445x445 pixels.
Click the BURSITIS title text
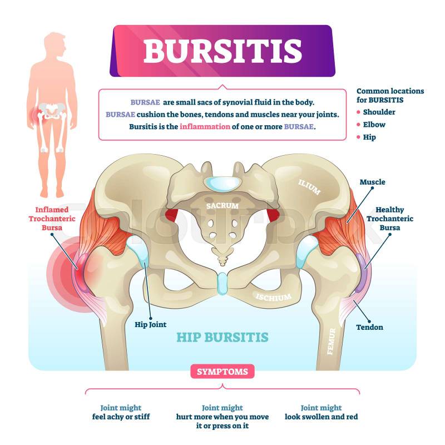pyautogui.click(x=222, y=51)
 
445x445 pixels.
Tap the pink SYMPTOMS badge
pyautogui.click(x=222, y=372)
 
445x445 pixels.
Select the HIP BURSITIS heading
pyautogui.click(x=222, y=338)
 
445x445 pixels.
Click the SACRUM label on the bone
pyautogui.click(x=222, y=205)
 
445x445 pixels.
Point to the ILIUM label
pyautogui.click(x=309, y=187)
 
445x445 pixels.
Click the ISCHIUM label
pyautogui.click(x=274, y=297)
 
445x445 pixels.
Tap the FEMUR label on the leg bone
pyautogui.click(x=332, y=342)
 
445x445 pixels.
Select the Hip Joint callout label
pyautogui.click(x=150, y=325)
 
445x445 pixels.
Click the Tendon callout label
pyautogui.click(x=369, y=327)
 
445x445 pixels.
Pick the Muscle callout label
pyautogui.click(x=372, y=182)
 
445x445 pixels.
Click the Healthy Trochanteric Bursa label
pyautogui.click(x=390, y=219)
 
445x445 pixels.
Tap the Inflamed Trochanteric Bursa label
pyautogui.click(x=52, y=219)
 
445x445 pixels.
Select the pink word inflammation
pyautogui.click(x=205, y=127)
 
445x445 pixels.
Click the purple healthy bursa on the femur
pyautogui.click(x=360, y=273)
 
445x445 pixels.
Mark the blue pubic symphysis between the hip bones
pyautogui.click(x=222, y=284)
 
